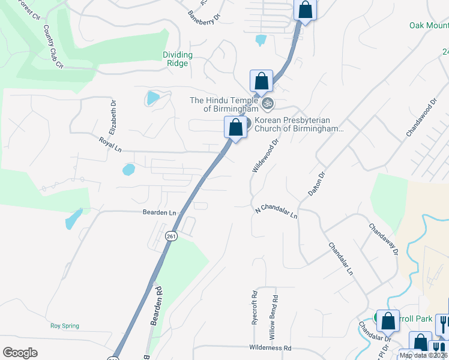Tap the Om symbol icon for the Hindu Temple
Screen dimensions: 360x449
268,104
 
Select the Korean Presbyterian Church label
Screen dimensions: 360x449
298,124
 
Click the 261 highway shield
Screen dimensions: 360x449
172,235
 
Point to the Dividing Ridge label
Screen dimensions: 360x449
178,59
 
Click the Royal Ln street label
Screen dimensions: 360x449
110,142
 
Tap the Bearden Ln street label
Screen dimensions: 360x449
159,212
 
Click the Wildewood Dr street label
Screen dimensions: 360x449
265,157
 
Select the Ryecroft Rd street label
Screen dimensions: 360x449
255,307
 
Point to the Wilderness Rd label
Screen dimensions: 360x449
270,348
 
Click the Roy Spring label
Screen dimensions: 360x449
64,326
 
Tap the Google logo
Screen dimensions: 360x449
20,353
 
